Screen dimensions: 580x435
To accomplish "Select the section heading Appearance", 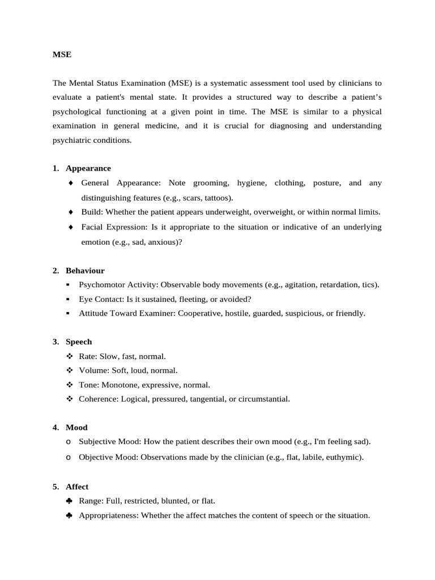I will (88, 168).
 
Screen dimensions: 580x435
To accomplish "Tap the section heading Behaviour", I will (85, 271).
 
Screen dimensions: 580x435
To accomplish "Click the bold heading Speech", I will (79, 342).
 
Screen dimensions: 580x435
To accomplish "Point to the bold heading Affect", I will (77, 487).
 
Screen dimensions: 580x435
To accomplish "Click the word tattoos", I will (215, 198).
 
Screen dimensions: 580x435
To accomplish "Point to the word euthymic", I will (343, 457).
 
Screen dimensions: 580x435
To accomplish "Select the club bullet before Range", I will (69, 501).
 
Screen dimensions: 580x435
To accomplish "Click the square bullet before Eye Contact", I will (68, 298).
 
